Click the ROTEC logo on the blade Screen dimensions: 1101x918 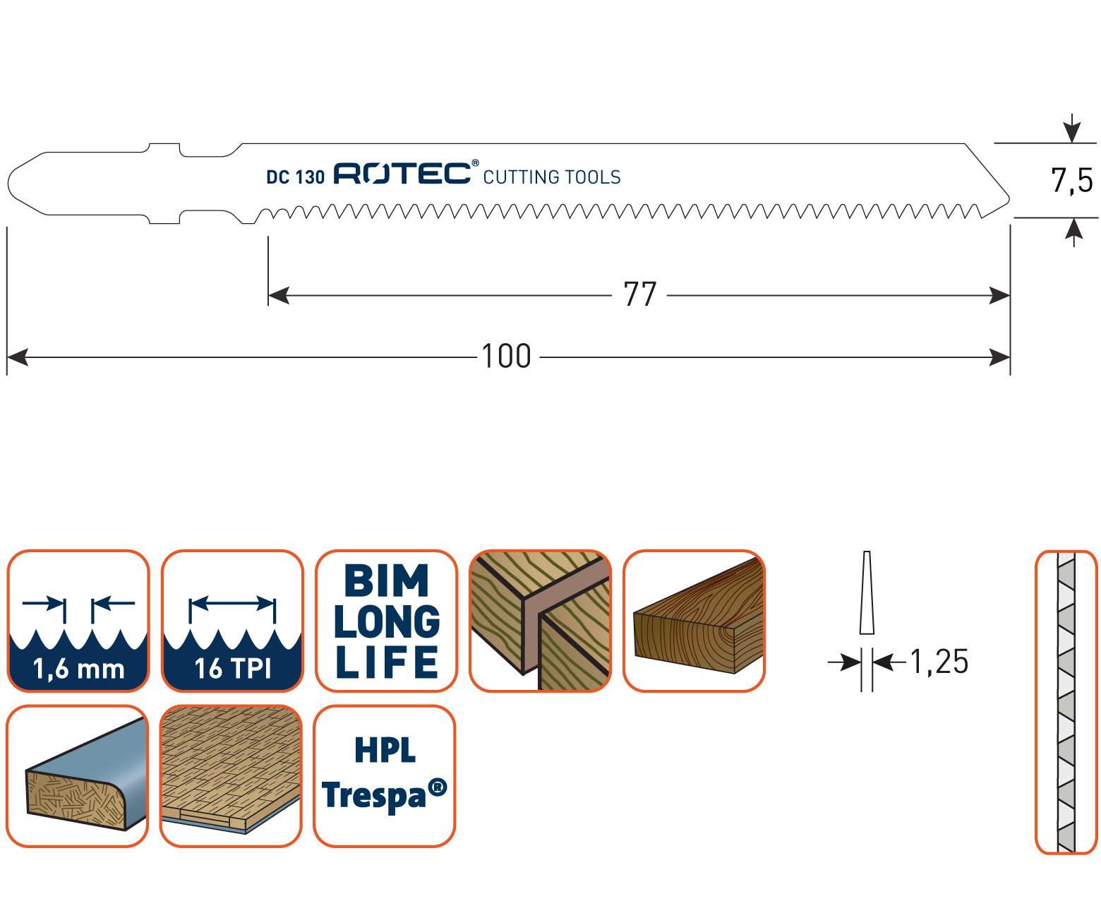[x=402, y=173]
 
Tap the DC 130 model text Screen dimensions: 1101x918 [x=295, y=177]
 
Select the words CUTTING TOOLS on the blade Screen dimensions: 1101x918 [x=552, y=177]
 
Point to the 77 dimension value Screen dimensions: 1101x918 [x=640, y=294]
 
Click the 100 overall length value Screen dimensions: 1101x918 [x=506, y=357]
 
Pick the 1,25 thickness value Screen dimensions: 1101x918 [x=939, y=662]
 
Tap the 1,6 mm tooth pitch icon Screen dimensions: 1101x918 [x=78, y=621]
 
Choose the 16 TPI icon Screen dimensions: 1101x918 [x=232, y=621]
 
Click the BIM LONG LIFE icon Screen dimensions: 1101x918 [x=386, y=621]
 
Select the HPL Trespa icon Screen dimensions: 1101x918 [x=385, y=775]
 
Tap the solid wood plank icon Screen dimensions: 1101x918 [x=694, y=621]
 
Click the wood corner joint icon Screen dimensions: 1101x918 [x=541, y=621]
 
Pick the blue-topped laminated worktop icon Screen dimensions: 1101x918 [x=78, y=775]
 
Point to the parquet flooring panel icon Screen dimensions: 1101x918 [x=231, y=775]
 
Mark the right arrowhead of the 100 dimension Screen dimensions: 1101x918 [x=1001, y=357]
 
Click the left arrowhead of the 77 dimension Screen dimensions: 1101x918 [x=278, y=295]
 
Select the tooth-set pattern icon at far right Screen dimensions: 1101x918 [x=1066, y=702]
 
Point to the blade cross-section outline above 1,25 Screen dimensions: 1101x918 [x=867, y=593]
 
